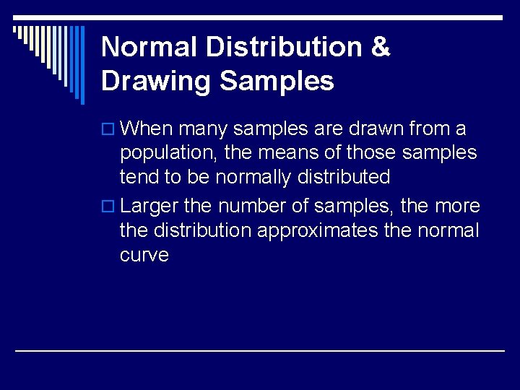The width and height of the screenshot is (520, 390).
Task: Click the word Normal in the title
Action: pyautogui.click(x=149, y=47)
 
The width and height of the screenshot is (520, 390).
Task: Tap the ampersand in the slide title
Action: pyautogui.click(x=380, y=47)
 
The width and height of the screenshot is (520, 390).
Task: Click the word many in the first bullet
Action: pyautogui.click(x=202, y=129)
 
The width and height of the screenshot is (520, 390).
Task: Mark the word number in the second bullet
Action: pyautogui.click(x=251, y=207)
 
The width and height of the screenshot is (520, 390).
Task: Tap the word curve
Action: pyautogui.click(x=144, y=255)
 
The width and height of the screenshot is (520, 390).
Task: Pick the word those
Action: pyautogui.click(x=373, y=153)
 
